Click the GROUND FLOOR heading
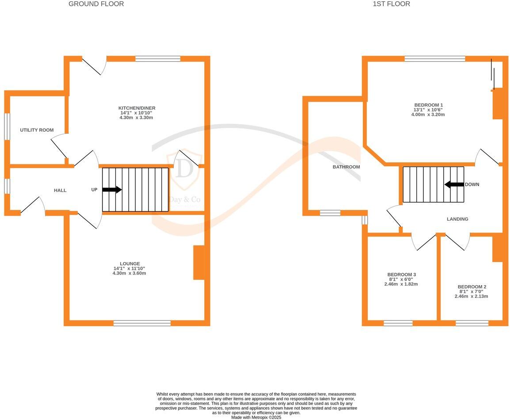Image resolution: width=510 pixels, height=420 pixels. [x=96, y=4]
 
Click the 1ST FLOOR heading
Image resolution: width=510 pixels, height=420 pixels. [x=391, y=4]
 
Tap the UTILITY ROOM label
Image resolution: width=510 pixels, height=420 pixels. [x=37, y=130]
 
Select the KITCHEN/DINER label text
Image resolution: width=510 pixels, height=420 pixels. [x=137, y=108]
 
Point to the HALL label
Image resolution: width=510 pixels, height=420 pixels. [x=60, y=191]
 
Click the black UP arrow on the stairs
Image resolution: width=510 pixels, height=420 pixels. [x=112, y=190]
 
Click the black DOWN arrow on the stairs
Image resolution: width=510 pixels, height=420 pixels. [x=454, y=184]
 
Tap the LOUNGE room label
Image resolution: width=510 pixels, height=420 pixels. [x=129, y=263]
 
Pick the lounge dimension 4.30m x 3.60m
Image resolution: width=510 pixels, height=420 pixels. [x=129, y=273]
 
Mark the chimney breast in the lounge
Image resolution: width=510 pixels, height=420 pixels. [x=199, y=263]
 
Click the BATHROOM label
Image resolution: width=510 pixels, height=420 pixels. [x=346, y=167]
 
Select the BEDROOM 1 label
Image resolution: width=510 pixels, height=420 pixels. [x=428, y=105]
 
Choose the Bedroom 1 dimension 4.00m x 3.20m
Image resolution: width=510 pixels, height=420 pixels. [x=428, y=115]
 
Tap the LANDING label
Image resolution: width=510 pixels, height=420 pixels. [x=457, y=219]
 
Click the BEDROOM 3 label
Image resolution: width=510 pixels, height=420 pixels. [x=401, y=274]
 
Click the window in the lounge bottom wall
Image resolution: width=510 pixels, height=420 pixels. [x=142, y=323]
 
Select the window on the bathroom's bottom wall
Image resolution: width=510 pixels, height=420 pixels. [x=330, y=213]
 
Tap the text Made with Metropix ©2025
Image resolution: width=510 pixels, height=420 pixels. [x=256, y=417]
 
